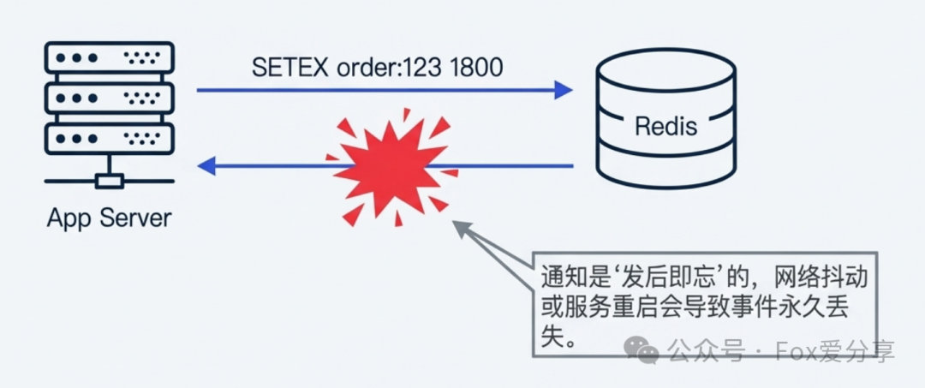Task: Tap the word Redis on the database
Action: [x=665, y=127]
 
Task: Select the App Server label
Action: [x=109, y=218]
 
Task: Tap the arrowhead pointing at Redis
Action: [x=562, y=89]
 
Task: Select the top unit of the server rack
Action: [x=109, y=58]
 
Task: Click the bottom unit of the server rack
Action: [x=109, y=138]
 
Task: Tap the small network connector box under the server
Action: [x=110, y=181]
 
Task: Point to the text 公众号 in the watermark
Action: [x=699, y=352]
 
